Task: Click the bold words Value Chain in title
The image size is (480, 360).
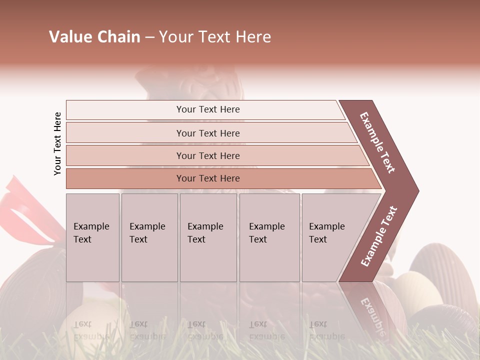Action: (x=94, y=37)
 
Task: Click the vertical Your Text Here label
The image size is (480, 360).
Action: (x=57, y=143)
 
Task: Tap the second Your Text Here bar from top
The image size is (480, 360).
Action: (x=208, y=133)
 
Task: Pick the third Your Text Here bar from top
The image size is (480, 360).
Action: (x=208, y=155)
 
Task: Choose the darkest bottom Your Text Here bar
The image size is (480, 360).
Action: (x=208, y=178)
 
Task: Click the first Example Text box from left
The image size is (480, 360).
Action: (x=92, y=237)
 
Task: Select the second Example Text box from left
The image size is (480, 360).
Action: (x=149, y=237)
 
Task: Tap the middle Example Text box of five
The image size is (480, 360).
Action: (x=208, y=237)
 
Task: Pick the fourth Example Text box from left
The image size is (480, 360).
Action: (x=269, y=237)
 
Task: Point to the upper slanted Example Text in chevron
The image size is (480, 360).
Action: (x=377, y=142)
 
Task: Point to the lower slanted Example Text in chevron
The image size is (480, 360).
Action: (x=378, y=236)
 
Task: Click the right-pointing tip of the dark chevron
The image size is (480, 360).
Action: (x=416, y=190)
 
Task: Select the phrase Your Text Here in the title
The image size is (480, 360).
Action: (x=215, y=37)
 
